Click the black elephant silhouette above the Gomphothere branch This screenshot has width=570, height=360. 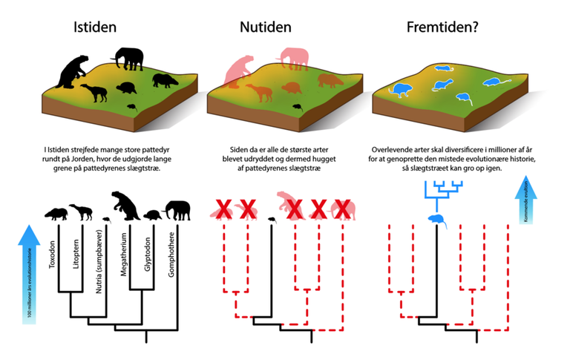tap(177, 211)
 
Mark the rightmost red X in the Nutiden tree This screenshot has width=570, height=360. tap(342, 211)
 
